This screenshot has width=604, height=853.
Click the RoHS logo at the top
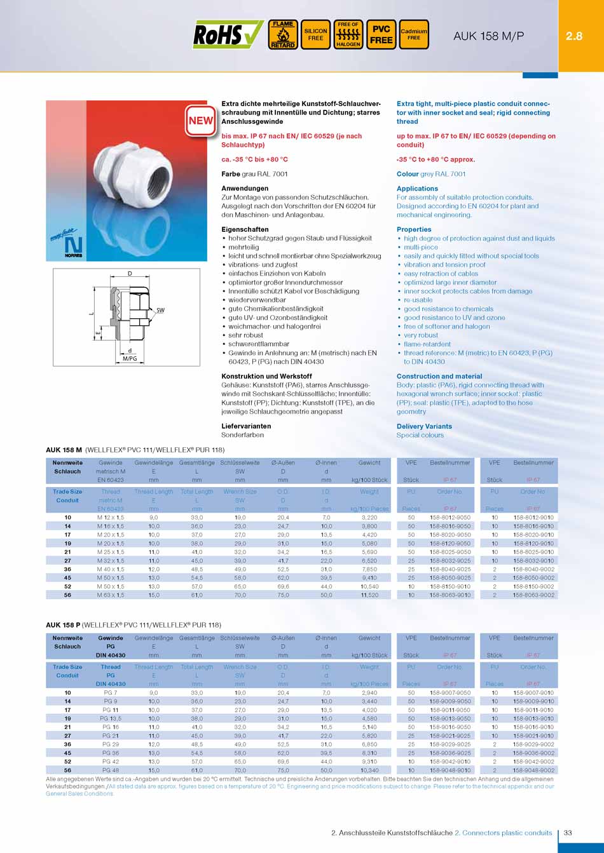[228, 35]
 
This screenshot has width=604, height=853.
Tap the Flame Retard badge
[283, 35]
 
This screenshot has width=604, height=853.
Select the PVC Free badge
[381, 35]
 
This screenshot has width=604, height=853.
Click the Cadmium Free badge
[414, 35]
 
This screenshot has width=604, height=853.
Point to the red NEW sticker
[201, 121]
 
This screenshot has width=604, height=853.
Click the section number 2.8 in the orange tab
[574, 36]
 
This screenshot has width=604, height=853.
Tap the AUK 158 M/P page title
[488, 36]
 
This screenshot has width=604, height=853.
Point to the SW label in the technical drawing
[160, 310]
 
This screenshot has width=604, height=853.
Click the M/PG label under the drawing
[130, 359]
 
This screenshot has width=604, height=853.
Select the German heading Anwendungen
[245, 189]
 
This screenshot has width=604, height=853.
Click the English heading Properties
[414, 229]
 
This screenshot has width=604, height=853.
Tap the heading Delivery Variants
[424, 426]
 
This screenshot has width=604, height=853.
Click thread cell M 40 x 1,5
[111, 570]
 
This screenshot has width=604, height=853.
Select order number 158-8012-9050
[450, 518]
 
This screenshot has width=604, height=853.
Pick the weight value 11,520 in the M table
[369, 595]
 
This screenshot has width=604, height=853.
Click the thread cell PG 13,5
[111, 718]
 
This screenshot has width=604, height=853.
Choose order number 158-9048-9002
[533, 770]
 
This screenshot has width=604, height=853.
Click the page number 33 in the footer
[568, 833]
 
